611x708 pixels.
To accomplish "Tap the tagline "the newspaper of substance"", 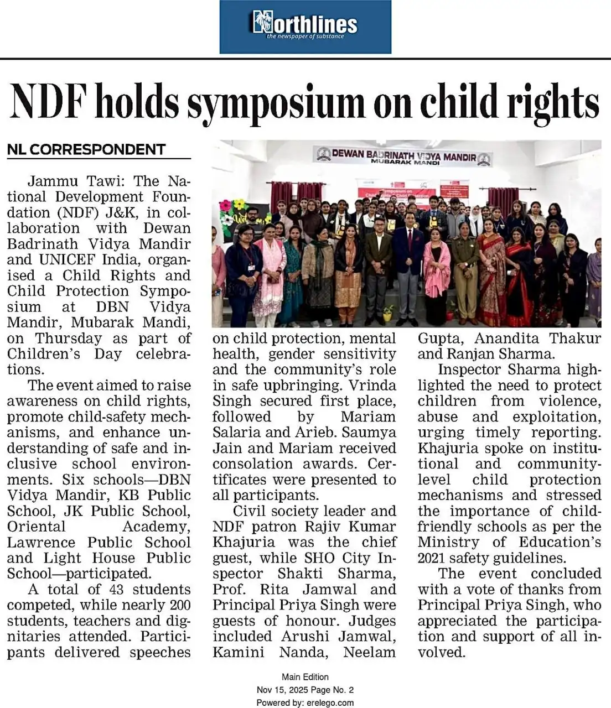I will click(305, 37).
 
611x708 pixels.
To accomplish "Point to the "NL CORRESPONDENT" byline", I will click(86, 149).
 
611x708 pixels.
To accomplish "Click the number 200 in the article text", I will click(180, 605).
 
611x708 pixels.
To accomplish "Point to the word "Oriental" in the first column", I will click(36, 526).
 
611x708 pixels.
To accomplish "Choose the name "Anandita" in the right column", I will click(506, 338).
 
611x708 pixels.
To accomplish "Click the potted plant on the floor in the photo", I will click(388, 313).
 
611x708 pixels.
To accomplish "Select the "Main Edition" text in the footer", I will click(305, 676).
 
